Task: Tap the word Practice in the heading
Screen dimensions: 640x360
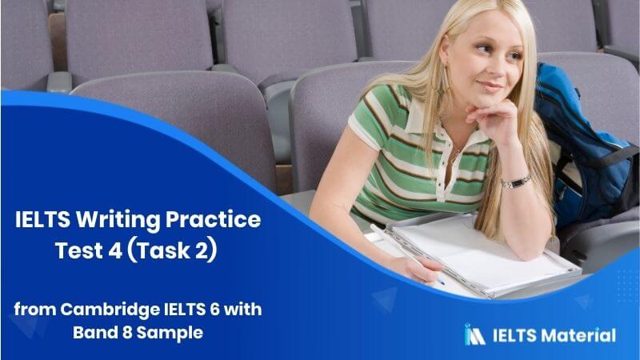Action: (x=213, y=219)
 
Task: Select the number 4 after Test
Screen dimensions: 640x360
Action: (x=115, y=250)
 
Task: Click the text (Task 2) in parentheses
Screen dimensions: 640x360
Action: (x=172, y=250)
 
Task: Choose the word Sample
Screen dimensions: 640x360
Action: (x=170, y=333)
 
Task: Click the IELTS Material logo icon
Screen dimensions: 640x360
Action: (x=474, y=334)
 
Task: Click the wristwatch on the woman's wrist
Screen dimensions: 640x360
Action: (x=516, y=182)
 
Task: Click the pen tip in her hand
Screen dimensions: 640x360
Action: (x=442, y=282)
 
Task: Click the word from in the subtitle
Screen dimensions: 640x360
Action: (x=35, y=310)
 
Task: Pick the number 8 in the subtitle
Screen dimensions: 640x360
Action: (x=126, y=333)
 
